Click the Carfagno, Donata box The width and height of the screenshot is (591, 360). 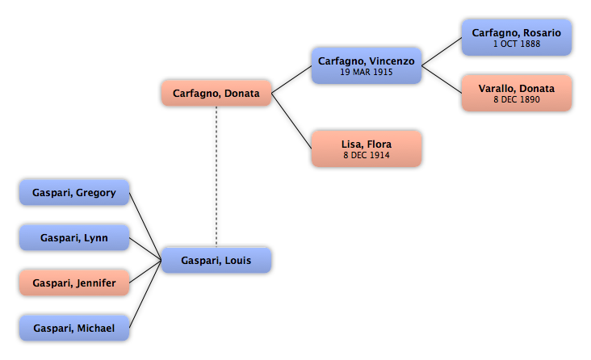pos(216,93)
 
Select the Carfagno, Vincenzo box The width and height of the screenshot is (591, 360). pos(367,65)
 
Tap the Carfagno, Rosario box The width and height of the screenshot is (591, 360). pos(517,38)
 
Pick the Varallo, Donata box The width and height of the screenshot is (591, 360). pos(517,93)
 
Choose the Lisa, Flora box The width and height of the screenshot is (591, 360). pos(367,149)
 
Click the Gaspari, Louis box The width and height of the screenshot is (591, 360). pos(216,260)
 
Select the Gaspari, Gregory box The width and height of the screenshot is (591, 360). pos(74,192)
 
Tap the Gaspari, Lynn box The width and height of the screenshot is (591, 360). pos(74,237)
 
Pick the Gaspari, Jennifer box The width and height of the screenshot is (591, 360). pos(74,283)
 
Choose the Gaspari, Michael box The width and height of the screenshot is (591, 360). pos(74,328)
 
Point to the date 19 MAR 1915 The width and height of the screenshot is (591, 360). pos(367,72)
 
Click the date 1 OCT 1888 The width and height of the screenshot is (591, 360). pos(517,44)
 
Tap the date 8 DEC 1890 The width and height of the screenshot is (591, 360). pos(517,99)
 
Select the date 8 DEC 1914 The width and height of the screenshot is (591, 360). pos(367,155)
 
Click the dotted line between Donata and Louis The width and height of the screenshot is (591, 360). pos(216,177)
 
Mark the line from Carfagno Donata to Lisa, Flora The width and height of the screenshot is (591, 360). pos(291,120)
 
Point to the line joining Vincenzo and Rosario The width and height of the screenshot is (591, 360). pos(442,52)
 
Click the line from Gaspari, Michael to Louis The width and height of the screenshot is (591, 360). pos(145,294)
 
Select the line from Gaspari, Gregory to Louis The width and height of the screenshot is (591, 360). pos(145,226)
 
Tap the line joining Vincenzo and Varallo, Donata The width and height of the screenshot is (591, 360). pos(442,80)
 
